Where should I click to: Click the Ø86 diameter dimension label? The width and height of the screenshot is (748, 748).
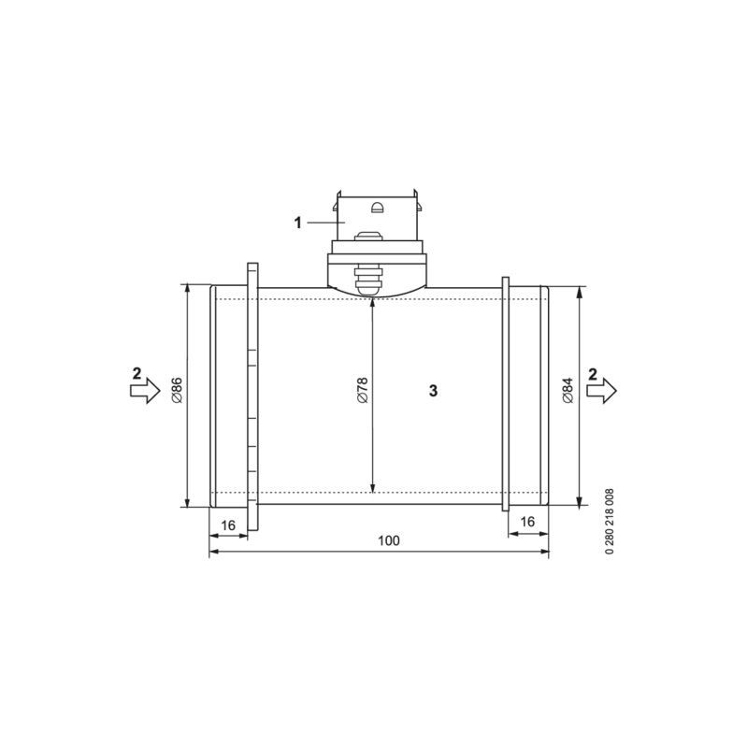tap(176, 390)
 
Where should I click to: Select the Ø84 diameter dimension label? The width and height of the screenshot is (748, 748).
tap(568, 390)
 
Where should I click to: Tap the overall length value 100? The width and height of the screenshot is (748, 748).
tap(388, 540)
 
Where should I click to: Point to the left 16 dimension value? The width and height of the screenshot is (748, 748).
tap(227, 525)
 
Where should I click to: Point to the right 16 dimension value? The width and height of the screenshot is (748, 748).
tap(527, 522)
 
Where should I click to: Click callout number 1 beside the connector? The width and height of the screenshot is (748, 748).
tap(298, 223)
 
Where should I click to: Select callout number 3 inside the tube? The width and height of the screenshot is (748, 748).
tap(433, 390)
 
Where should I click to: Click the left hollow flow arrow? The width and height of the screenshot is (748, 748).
tap(145, 393)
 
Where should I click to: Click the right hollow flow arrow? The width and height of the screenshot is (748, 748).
tap(602, 393)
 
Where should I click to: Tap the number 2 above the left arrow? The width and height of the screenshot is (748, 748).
tap(137, 373)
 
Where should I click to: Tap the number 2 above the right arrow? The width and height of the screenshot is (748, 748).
tap(593, 373)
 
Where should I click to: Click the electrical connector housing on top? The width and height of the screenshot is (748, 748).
tap(377, 223)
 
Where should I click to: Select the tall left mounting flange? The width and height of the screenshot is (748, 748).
tap(252, 393)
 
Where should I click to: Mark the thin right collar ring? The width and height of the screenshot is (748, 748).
tap(505, 393)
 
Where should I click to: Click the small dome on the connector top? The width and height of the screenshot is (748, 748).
tap(377, 208)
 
